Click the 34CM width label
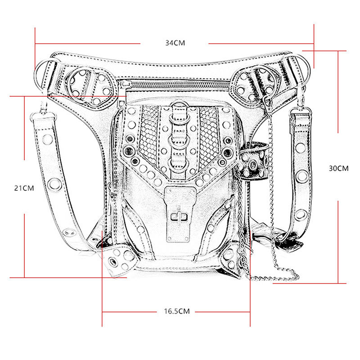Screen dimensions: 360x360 tap(175, 43)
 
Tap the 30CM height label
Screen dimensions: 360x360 tap(338, 168)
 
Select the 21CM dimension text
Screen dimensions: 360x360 tap(24, 188)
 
